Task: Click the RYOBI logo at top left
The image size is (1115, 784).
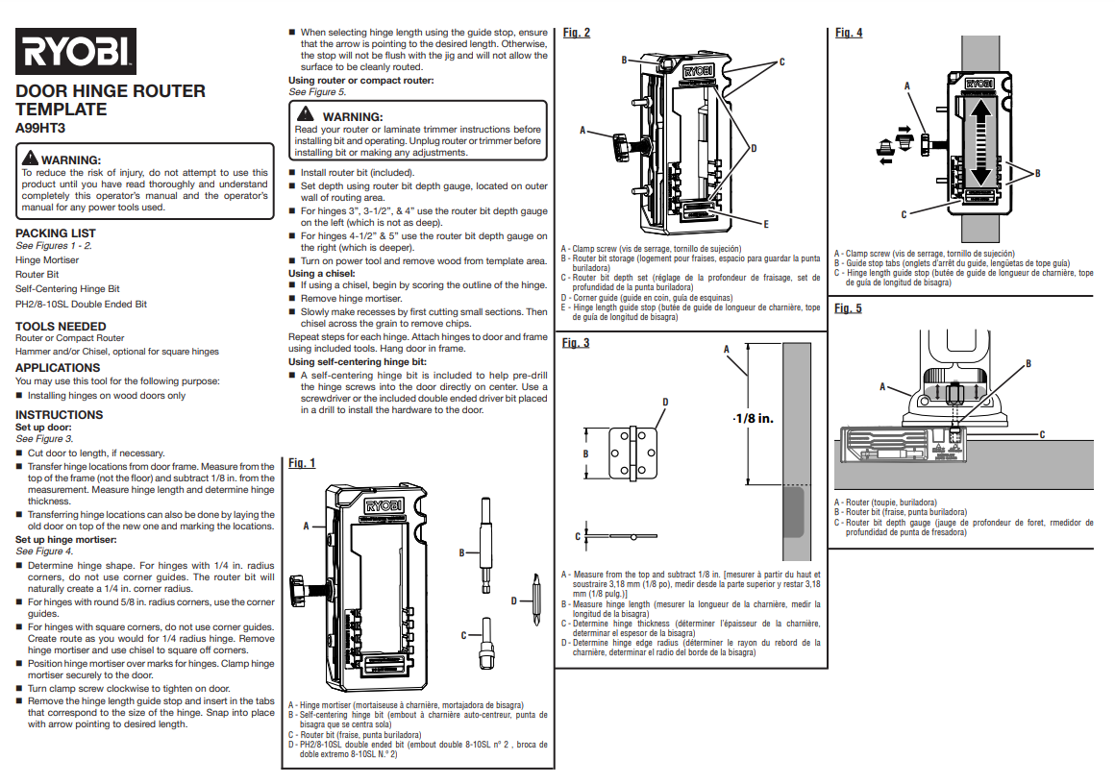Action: click(x=75, y=52)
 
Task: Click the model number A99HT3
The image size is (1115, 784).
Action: click(x=41, y=127)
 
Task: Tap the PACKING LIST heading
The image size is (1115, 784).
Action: click(x=56, y=233)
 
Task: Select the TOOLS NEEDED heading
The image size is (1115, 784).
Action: click(x=61, y=327)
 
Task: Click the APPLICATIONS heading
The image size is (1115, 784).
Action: click(x=58, y=368)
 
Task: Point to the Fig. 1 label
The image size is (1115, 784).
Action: click(x=302, y=463)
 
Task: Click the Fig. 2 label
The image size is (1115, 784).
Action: click(x=577, y=33)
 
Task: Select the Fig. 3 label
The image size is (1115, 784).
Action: click(x=576, y=343)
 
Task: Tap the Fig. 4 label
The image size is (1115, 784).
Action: click(x=849, y=33)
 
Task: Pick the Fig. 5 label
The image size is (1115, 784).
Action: click(x=849, y=308)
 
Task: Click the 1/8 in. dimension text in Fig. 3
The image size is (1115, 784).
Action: click(x=753, y=419)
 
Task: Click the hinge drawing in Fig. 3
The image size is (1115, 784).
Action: click(x=634, y=453)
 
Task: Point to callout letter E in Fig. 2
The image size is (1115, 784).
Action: click(x=765, y=223)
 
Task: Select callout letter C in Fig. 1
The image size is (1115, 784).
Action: click(x=463, y=635)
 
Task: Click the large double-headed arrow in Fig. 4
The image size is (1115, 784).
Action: click(x=979, y=144)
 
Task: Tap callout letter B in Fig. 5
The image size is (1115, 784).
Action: click(x=1028, y=363)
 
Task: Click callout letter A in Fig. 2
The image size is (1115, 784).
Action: click(x=582, y=129)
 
